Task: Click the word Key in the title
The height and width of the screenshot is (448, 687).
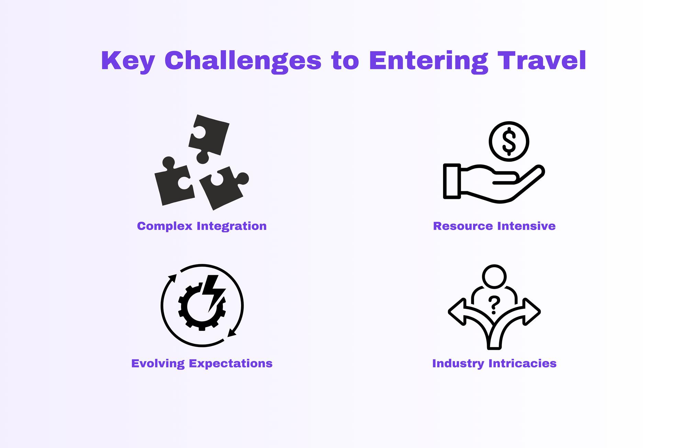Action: (128, 61)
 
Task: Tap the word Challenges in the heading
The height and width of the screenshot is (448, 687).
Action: (243, 61)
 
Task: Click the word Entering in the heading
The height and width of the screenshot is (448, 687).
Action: (429, 61)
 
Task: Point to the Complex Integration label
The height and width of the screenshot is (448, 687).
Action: (202, 226)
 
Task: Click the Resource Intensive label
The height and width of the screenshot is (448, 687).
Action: (494, 226)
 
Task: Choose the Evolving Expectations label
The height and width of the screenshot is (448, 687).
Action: (202, 363)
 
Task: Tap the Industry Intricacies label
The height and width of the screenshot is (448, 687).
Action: (494, 363)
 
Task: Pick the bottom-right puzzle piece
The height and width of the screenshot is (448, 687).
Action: (223, 188)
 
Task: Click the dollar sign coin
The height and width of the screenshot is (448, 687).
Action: (509, 141)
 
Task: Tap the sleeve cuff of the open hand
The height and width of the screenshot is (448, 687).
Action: (452, 181)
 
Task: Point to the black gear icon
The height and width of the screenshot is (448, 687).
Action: (202, 307)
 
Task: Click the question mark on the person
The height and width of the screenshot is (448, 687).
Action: (494, 305)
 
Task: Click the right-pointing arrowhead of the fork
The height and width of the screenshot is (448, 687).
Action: (532, 312)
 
